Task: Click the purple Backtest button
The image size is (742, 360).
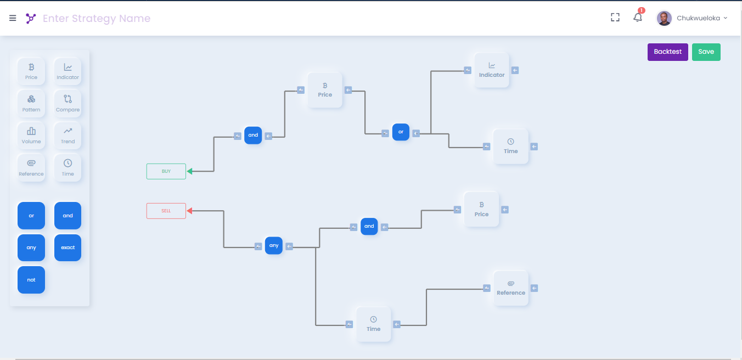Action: (667, 52)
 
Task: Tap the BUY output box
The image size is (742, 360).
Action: (166, 171)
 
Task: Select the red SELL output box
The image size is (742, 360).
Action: (166, 211)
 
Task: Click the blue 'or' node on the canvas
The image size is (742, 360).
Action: (401, 132)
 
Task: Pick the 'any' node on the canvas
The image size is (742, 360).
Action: (273, 246)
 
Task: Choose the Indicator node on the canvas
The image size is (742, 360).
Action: (492, 70)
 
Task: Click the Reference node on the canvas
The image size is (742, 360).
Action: (511, 288)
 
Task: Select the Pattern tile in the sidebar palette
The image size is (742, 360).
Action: (31, 103)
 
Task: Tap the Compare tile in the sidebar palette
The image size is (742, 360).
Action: (68, 103)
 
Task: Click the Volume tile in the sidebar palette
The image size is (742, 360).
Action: (31, 135)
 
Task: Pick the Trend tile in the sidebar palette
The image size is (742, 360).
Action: (68, 135)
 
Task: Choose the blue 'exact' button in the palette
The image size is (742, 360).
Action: (68, 248)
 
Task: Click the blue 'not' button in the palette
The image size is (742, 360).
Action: (31, 280)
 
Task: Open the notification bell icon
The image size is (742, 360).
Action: (638, 18)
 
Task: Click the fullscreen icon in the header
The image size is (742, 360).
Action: (615, 18)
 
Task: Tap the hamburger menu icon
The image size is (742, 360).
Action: (13, 18)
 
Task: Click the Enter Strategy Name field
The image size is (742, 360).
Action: (97, 19)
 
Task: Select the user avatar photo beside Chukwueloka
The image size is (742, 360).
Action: (664, 18)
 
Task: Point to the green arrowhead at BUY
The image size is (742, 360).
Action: (190, 171)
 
